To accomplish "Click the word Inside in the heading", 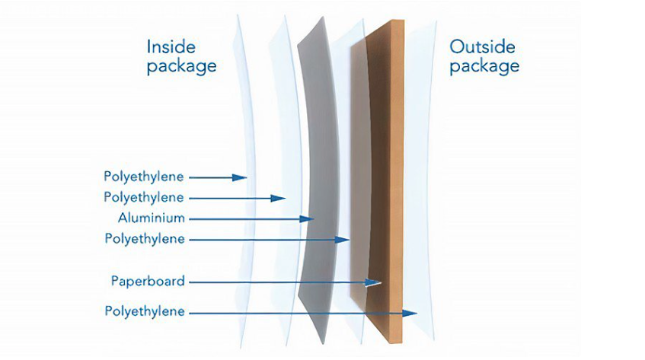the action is (x=171, y=46).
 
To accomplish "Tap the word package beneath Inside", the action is (x=181, y=66).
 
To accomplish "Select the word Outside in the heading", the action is (x=482, y=46).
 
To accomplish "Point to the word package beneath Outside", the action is (x=484, y=66).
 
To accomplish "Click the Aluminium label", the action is (x=152, y=218).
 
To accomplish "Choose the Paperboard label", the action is (x=148, y=281).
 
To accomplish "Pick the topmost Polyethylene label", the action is (x=144, y=177).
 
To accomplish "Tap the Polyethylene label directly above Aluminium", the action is (x=144, y=197).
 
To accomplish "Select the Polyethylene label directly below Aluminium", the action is (x=145, y=239).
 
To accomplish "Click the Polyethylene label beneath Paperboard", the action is (x=145, y=311).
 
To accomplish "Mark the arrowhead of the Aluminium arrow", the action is (x=308, y=219).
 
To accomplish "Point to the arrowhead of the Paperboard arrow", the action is (x=373, y=282).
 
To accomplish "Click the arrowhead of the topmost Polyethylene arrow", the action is (x=240, y=177).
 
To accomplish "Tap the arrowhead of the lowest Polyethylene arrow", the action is (x=410, y=313).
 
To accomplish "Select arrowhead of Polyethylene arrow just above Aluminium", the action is (x=278, y=199).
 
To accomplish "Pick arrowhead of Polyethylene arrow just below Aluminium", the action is (x=342, y=240).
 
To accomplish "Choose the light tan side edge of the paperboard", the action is (x=397, y=181).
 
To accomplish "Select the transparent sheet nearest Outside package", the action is (x=420, y=181).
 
